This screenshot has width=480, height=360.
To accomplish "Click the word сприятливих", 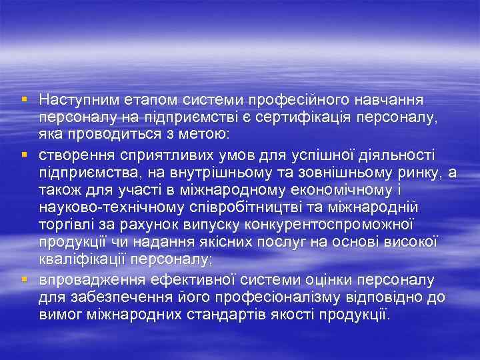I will pyautogui.click(x=157, y=155).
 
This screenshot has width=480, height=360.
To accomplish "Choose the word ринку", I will pyautogui.click(x=418, y=173).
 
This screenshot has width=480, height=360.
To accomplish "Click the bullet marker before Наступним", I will pyautogui.click(x=24, y=99).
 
